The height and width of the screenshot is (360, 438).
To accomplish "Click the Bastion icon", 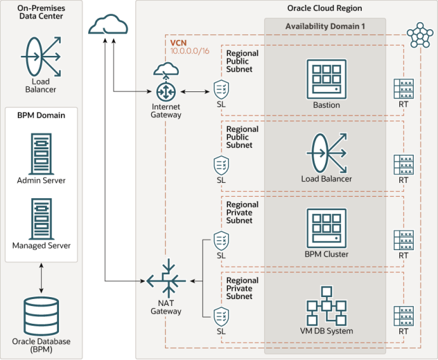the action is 326,79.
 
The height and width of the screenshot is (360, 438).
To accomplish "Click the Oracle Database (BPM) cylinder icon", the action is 41,316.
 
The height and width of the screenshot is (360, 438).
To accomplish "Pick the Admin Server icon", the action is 41,154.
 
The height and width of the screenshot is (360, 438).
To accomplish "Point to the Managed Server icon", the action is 41,219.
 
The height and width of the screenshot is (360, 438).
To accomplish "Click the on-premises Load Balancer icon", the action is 41,57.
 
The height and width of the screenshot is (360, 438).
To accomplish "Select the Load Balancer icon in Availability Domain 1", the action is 326,153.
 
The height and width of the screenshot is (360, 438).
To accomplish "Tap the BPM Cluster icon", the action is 326,229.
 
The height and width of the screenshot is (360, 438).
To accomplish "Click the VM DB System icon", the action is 326,306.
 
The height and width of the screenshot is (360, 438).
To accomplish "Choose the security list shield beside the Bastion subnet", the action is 222,90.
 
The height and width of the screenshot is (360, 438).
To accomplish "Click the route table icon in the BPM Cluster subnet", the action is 404,241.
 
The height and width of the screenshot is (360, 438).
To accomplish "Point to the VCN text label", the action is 178,43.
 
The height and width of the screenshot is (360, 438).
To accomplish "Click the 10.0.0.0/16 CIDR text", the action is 190,51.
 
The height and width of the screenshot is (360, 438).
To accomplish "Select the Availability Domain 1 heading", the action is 325,26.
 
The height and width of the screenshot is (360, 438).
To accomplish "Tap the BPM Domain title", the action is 41,115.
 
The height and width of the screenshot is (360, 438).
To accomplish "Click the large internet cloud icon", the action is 108,24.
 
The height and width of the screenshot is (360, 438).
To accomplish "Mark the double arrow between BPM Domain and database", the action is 41,278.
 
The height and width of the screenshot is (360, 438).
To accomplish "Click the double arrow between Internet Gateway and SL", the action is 195,91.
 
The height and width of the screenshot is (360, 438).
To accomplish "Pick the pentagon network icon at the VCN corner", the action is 420,35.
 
